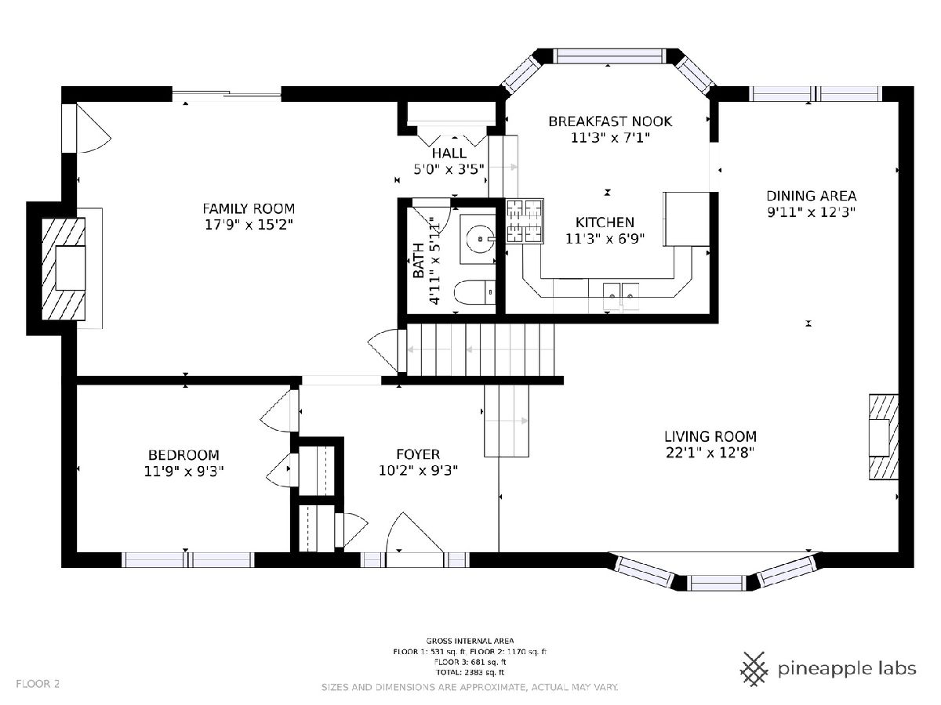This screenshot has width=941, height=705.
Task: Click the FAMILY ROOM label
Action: [x=249, y=209]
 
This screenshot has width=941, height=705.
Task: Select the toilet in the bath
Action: [x=474, y=292]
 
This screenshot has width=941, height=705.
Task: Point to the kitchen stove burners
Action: [x=525, y=221]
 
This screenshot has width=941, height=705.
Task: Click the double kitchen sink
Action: [x=621, y=296]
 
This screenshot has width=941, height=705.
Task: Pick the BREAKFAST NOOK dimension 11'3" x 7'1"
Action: [x=610, y=138]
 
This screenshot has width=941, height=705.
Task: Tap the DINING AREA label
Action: [x=811, y=196]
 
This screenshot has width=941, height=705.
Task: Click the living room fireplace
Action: [x=884, y=437]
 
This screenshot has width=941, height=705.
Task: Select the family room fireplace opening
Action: [x=71, y=268]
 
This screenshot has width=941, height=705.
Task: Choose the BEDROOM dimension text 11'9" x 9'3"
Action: [x=184, y=472]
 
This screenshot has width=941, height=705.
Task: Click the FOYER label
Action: [x=418, y=454]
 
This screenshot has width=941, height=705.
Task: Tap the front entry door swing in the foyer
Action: [x=414, y=533]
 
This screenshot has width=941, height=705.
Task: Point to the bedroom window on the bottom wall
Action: [x=187, y=560]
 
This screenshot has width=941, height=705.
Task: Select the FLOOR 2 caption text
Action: [x=38, y=684]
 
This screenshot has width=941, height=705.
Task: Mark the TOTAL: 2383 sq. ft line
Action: [x=470, y=672]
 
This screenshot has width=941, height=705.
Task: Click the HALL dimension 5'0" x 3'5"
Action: [x=449, y=169]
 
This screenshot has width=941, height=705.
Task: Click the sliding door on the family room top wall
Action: [x=227, y=94]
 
